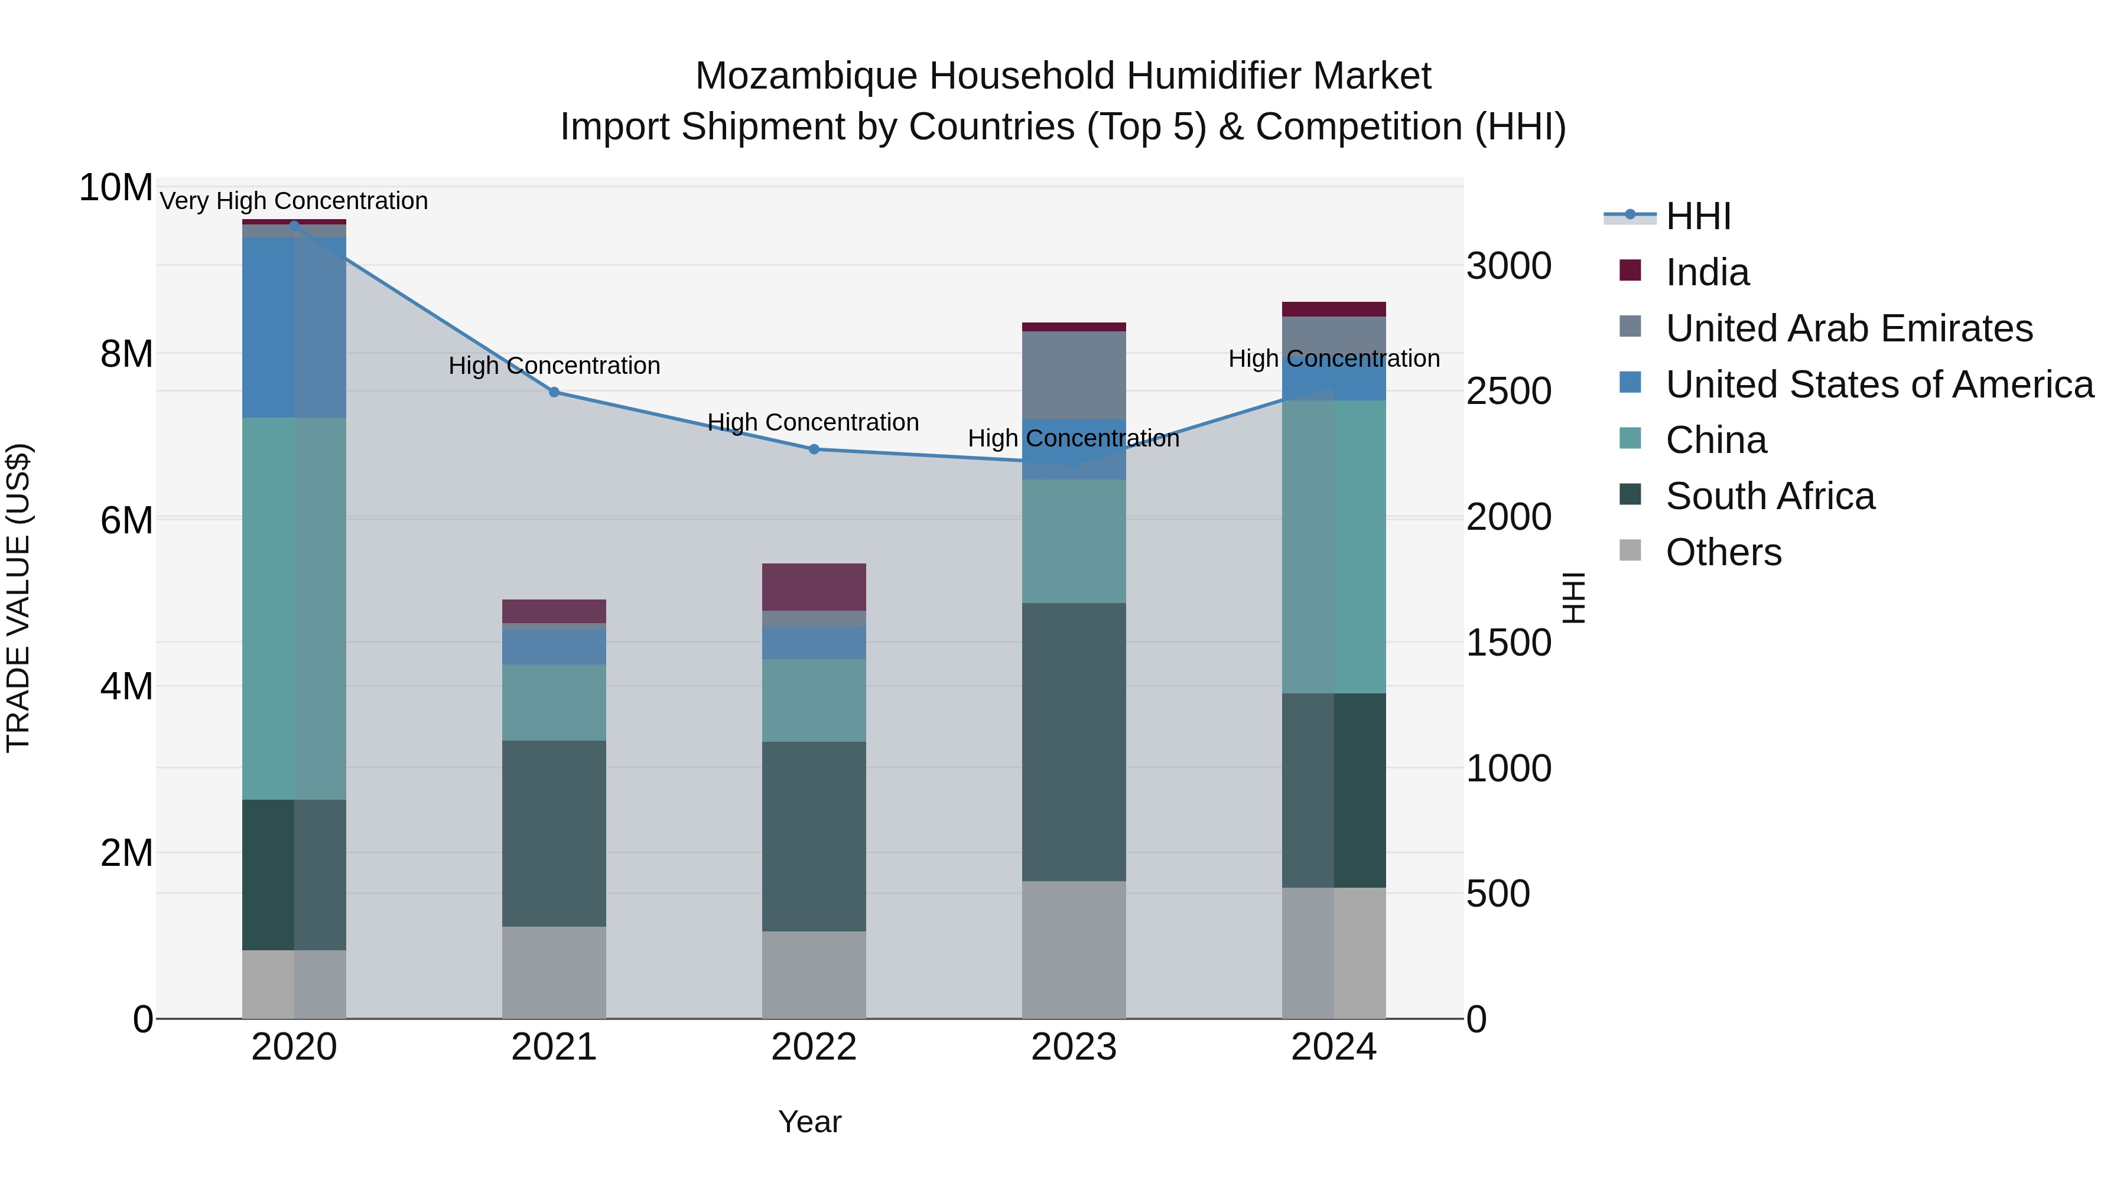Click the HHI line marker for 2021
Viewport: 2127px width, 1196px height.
[554, 392]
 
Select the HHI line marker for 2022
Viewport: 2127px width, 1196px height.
[814, 449]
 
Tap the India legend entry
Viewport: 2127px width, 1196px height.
[1707, 272]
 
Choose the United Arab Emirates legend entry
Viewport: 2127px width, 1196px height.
[1848, 328]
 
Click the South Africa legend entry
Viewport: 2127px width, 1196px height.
[1770, 496]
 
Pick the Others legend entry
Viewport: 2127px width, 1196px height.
[1723, 552]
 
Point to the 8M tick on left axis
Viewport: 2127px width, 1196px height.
[126, 354]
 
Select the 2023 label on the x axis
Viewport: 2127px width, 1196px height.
[1074, 1047]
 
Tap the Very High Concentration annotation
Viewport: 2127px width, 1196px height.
[294, 201]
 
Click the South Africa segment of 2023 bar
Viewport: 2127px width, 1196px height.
[1074, 741]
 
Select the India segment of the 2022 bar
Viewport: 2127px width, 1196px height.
[814, 587]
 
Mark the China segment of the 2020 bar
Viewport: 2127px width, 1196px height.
[294, 608]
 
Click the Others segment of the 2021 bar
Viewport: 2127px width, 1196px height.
[554, 972]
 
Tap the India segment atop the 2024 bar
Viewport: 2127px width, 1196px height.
[1334, 309]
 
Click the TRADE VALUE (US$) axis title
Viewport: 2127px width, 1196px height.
[18, 598]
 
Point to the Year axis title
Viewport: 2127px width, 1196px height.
[809, 1122]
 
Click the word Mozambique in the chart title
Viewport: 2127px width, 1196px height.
[806, 76]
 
